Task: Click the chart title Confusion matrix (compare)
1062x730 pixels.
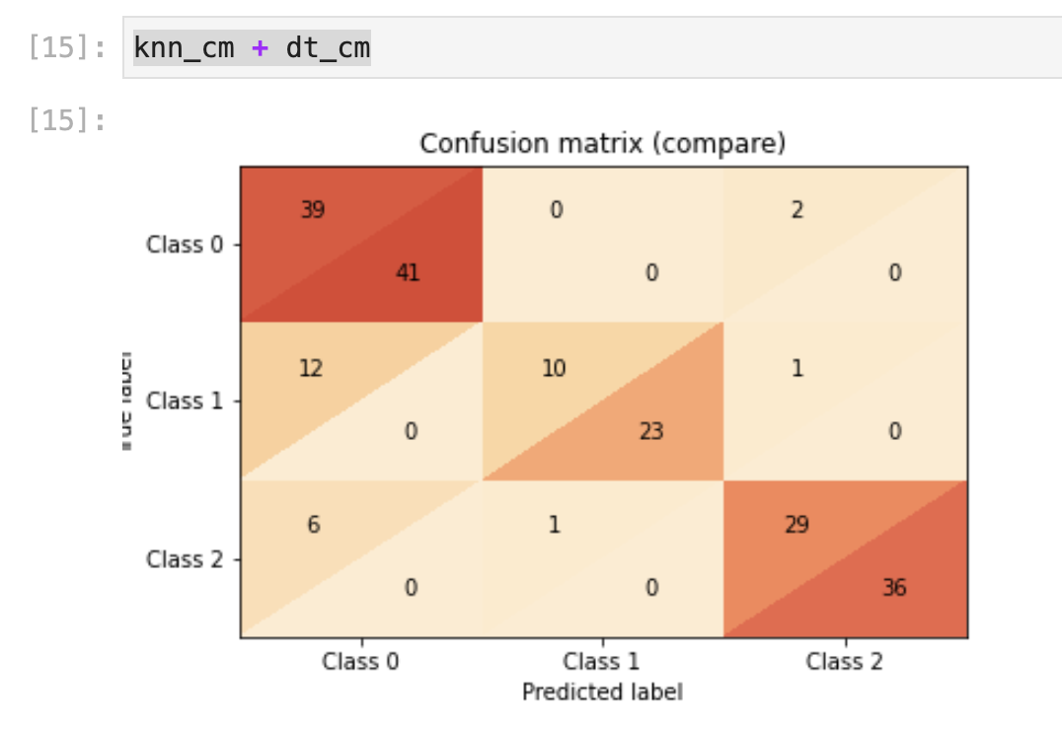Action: coord(602,144)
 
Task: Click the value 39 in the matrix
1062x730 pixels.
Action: coord(312,210)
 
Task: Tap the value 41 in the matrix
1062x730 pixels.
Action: coord(408,273)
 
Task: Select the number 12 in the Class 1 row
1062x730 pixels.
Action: coord(312,368)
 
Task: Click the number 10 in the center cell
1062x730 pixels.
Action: coord(555,368)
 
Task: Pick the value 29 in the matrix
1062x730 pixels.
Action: coord(796,525)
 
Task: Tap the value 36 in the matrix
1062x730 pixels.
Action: coord(894,588)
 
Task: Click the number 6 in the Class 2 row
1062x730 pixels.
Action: coord(313,525)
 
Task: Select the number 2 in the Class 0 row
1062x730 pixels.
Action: coord(797,210)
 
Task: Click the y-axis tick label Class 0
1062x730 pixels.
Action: coord(186,245)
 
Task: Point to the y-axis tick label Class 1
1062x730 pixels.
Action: coord(186,401)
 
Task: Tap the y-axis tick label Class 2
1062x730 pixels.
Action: coord(186,559)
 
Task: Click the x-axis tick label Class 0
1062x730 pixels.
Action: coord(360,662)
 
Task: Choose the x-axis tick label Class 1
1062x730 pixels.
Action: coord(603,662)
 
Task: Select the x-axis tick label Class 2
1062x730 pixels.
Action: coord(846,662)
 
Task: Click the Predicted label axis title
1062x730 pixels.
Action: coord(602,692)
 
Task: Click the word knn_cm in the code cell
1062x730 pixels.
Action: coord(184,48)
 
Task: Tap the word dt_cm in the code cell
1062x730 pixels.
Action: coord(328,48)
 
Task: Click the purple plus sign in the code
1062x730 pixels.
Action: coord(261,48)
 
